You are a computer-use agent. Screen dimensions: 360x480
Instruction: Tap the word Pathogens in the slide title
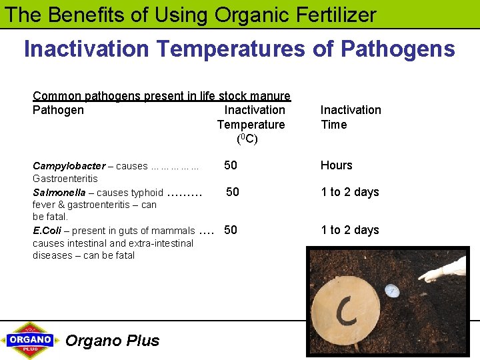pyautogui.click(x=397, y=49)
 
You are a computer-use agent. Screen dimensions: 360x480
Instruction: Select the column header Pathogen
pyautogui.click(x=58, y=111)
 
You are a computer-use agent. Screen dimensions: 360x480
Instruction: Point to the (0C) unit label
pyautogui.click(x=247, y=139)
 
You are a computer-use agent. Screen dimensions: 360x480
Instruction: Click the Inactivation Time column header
pyautogui.click(x=351, y=117)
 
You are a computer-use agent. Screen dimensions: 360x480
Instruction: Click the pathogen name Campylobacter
pyautogui.click(x=69, y=166)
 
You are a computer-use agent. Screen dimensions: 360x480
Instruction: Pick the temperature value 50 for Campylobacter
pyautogui.click(x=231, y=165)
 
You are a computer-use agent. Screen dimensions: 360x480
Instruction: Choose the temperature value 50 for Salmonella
pyautogui.click(x=233, y=192)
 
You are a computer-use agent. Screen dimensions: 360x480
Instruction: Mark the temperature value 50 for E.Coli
pyautogui.click(x=231, y=230)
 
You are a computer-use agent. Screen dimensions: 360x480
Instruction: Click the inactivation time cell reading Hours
pyautogui.click(x=337, y=165)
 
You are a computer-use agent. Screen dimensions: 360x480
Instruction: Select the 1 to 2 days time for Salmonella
pyautogui.click(x=350, y=192)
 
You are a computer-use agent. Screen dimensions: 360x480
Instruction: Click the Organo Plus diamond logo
pyautogui.click(x=30, y=340)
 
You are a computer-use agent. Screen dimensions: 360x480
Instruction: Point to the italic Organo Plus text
pyautogui.click(x=113, y=341)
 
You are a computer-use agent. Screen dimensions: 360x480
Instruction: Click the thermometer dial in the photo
pyautogui.click(x=391, y=291)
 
